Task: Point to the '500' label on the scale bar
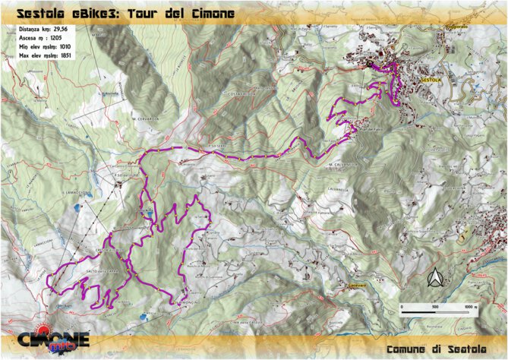[x=435, y=307]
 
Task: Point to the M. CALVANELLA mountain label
[x=343, y=164]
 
